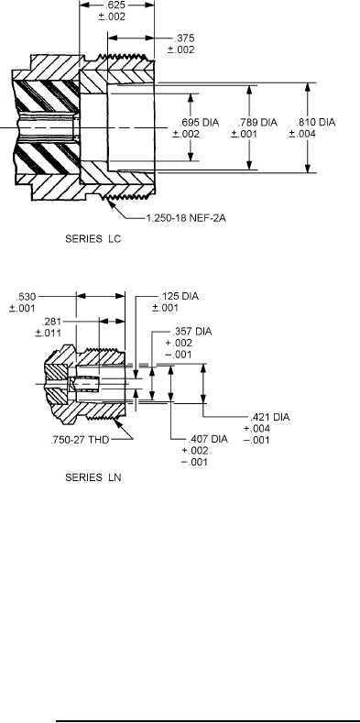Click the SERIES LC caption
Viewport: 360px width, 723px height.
(x=93, y=239)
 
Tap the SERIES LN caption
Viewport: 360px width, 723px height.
(x=93, y=477)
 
